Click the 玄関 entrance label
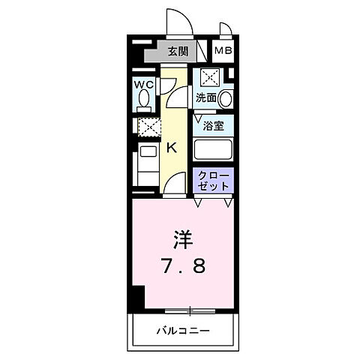pyautogui.click(x=178, y=52)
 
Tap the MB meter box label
pyautogui.click(x=223, y=52)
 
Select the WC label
pyautogui.click(x=145, y=85)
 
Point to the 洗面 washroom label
pyautogui.click(x=205, y=98)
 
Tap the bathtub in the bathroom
pyautogui.click(x=214, y=148)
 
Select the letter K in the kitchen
pyautogui.click(x=171, y=148)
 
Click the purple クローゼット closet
pyautogui.click(x=214, y=181)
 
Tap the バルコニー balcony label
pyautogui.click(x=183, y=330)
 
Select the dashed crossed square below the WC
pyautogui.click(x=148, y=127)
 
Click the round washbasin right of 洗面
pyautogui.click(x=226, y=98)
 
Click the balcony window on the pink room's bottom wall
pyautogui.click(x=190, y=310)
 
